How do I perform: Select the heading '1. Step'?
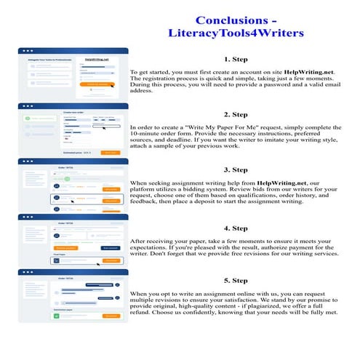(236, 60)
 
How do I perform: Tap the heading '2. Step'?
(236, 114)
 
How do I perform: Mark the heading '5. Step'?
(236, 280)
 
